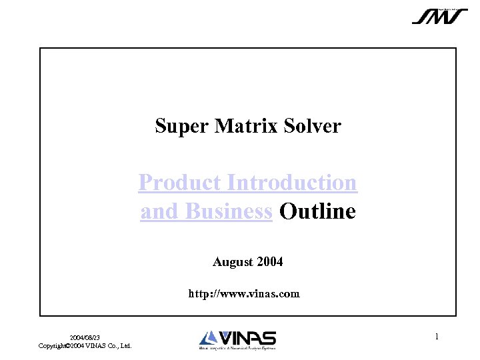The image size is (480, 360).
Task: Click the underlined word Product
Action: (x=180, y=183)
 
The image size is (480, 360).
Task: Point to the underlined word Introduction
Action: (x=292, y=183)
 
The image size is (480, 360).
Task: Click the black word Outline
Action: (x=317, y=212)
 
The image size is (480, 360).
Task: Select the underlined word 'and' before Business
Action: (x=155, y=212)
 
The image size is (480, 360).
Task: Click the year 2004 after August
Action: (x=269, y=262)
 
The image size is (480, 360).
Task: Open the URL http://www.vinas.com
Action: (x=244, y=293)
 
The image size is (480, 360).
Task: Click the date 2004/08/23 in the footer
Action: (x=85, y=338)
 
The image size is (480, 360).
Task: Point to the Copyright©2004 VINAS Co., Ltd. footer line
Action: (x=85, y=345)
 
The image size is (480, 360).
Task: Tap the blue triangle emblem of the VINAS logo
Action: (x=207, y=338)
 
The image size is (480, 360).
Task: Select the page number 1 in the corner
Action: (x=437, y=337)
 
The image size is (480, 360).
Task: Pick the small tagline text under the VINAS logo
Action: (x=237, y=348)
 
